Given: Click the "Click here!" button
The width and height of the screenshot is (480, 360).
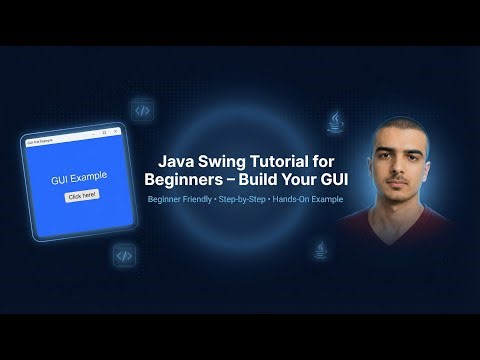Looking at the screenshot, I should (x=81, y=195).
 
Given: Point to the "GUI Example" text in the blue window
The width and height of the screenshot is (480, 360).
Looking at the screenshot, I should (x=80, y=177).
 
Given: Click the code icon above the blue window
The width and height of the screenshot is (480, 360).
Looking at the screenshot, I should (x=142, y=110).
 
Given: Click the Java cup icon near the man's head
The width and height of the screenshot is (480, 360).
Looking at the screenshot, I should (x=335, y=122).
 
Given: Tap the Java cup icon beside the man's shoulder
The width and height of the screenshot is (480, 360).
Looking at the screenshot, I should (x=320, y=247).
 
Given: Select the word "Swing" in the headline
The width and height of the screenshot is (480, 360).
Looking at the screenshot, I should (x=221, y=161).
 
